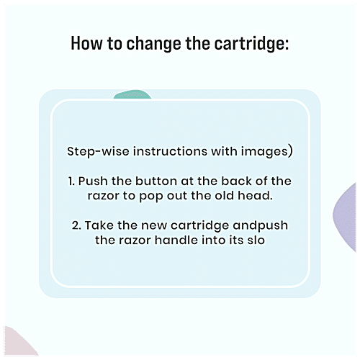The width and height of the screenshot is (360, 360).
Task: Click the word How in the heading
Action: [86, 43]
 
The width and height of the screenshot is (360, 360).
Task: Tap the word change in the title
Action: [154, 44]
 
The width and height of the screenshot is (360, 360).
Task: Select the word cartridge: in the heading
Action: [251, 44]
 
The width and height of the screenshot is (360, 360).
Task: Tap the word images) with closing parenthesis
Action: [267, 152]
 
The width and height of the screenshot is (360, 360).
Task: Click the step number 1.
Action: [71, 181]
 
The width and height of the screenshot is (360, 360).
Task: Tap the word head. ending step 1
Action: [256, 196]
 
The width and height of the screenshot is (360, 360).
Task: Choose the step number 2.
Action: [76, 225]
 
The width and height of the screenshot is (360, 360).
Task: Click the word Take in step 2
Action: [99, 225]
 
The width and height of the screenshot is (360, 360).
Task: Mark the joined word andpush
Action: [261, 226]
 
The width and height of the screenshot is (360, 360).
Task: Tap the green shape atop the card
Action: [132, 94]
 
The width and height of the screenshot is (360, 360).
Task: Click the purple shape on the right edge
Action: [345, 217]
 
